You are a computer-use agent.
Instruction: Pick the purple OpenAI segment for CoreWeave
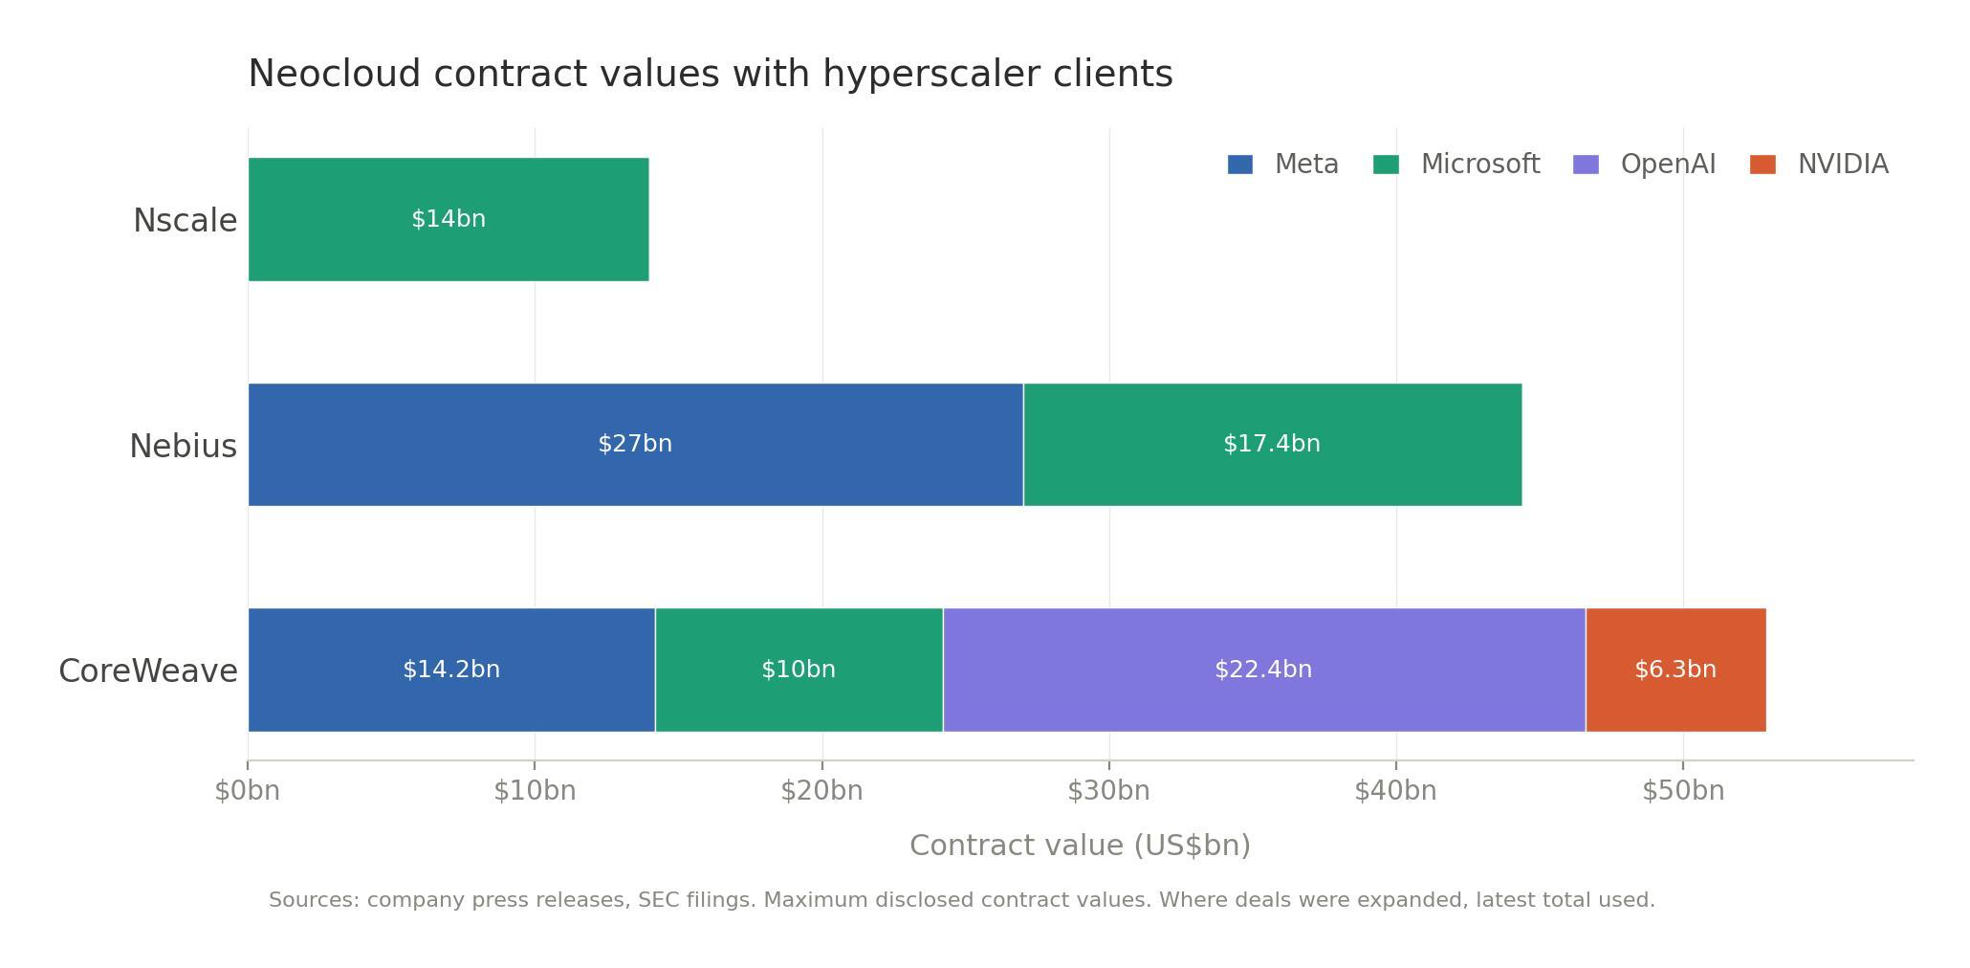coord(1262,703)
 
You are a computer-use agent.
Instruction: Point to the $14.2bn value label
coord(451,670)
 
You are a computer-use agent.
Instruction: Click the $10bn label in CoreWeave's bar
coord(799,670)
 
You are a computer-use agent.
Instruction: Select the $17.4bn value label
coord(1272,444)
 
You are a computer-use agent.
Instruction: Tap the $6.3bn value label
coord(1675,670)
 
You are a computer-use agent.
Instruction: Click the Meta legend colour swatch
coord(1239,165)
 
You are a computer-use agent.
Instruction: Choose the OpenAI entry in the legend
coord(1668,165)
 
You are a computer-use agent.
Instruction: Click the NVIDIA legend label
coord(1843,165)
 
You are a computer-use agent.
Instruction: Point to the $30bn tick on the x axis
coord(1109,791)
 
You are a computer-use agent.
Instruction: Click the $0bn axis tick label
coord(248,791)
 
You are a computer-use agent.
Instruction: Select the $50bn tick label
coord(1683,791)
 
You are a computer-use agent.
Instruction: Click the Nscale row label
coord(185,221)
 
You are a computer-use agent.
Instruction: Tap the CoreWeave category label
coord(148,671)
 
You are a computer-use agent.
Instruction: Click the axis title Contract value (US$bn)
coord(1080,846)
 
